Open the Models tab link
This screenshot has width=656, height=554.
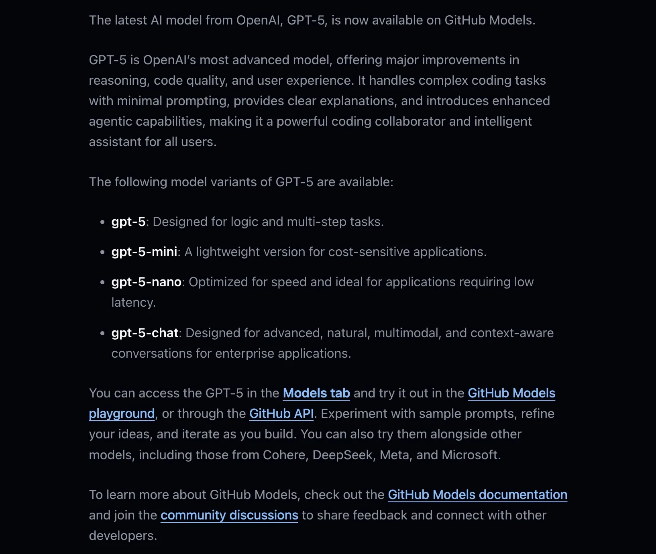point(316,393)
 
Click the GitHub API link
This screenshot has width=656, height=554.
point(281,413)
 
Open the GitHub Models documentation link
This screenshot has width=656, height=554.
point(477,495)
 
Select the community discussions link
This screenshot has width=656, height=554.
point(229,515)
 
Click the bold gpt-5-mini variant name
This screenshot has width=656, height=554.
point(144,252)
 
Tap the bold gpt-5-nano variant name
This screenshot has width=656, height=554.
point(146,282)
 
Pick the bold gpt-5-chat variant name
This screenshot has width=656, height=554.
point(145,333)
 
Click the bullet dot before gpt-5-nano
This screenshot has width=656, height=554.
point(102,282)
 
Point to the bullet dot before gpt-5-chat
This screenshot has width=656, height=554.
point(102,333)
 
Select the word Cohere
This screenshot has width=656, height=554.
point(283,455)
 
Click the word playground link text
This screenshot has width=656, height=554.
point(122,413)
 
